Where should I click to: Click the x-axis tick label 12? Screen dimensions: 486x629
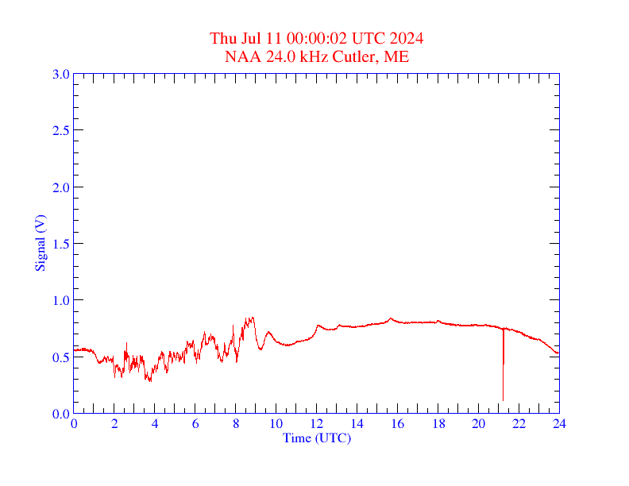click(317, 424)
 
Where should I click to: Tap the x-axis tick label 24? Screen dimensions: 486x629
click(559, 424)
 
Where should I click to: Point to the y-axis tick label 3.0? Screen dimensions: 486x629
click(60, 74)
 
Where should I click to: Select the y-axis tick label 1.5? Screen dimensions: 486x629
click(60, 244)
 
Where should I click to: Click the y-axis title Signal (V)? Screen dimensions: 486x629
click(40, 243)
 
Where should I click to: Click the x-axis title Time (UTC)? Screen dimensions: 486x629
click(317, 438)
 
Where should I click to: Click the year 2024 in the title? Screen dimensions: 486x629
click(406, 38)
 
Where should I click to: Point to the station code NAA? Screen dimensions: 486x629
click(241, 56)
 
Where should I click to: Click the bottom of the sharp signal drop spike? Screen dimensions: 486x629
click(503, 399)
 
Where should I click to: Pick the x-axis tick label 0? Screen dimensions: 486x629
click(74, 424)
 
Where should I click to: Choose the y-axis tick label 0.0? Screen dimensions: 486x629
click(60, 414)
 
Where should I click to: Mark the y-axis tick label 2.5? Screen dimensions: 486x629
click(60, 130)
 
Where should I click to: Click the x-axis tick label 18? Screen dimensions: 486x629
click(438, 424)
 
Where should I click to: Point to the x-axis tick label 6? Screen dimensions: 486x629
click(195, 424)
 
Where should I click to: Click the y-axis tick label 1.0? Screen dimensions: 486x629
click(60, 300)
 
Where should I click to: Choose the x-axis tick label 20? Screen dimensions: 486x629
click(478, 424)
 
